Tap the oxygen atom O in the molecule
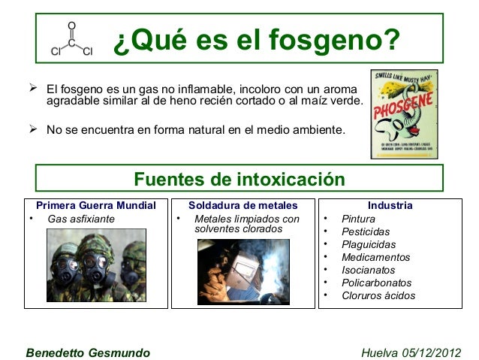71,26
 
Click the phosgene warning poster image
405,114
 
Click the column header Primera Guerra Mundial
96,205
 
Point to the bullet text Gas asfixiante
81,219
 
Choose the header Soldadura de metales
243,205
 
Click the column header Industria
390,205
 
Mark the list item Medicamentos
375,257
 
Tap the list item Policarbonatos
376,283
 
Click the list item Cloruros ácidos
378,295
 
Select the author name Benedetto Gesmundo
88,352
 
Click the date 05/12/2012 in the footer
433,352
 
